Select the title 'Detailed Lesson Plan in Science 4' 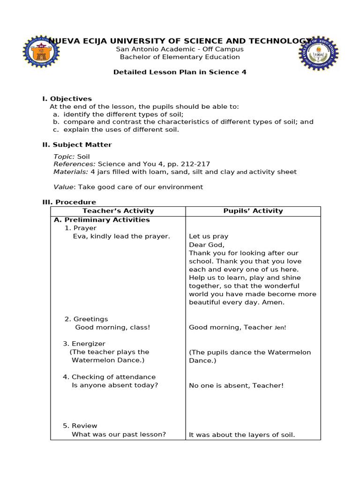tap(180, 72)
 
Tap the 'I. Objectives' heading tap(67, 98)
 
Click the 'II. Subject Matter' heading tap(77, 145)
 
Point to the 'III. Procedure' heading tap(69, 202)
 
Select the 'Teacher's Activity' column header tap(118, 211)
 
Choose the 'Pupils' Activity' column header tap(253, 211)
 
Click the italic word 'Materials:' tap(71, 172)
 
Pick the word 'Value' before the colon tap(63, 187)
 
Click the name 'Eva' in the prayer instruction tap(79, 236)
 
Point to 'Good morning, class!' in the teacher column tap(112, 327)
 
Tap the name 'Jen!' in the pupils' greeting tap(280, 328)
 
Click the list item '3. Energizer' tap(84, 344)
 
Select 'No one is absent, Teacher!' tap(236, 386)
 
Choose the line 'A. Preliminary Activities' tap(102, 220)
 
